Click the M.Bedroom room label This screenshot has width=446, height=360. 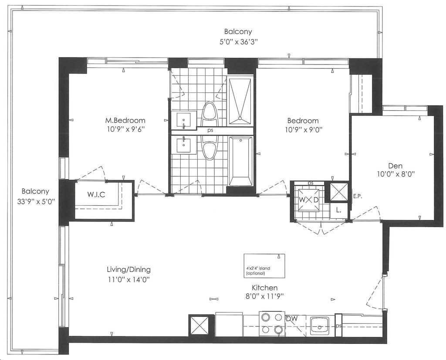tap(125, 121)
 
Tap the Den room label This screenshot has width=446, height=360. tap(395, 166)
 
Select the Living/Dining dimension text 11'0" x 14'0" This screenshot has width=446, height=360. tap(128, 279)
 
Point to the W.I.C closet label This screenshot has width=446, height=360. tap(96, 195)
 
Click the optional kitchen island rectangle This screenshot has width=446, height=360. tap(264, 266)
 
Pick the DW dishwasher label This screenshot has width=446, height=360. tap(292, 319)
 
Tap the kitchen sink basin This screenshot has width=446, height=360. tap(320, 325)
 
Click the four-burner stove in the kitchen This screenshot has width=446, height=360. tap(272, 323)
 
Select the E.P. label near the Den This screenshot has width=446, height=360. tap(357, 197)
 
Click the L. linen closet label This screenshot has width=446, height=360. tap(338, 211)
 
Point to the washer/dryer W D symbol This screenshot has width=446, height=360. tap(308, 200)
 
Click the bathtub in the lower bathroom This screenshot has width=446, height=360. tap(240, 161)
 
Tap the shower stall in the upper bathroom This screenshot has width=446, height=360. tap(240, 101)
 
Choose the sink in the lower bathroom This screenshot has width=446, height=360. tap(184, 145)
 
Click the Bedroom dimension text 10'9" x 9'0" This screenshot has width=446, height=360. tap(303, 130)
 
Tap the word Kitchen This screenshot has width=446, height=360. tap(264, 287)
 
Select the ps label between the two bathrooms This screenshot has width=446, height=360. tap(210, 131)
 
